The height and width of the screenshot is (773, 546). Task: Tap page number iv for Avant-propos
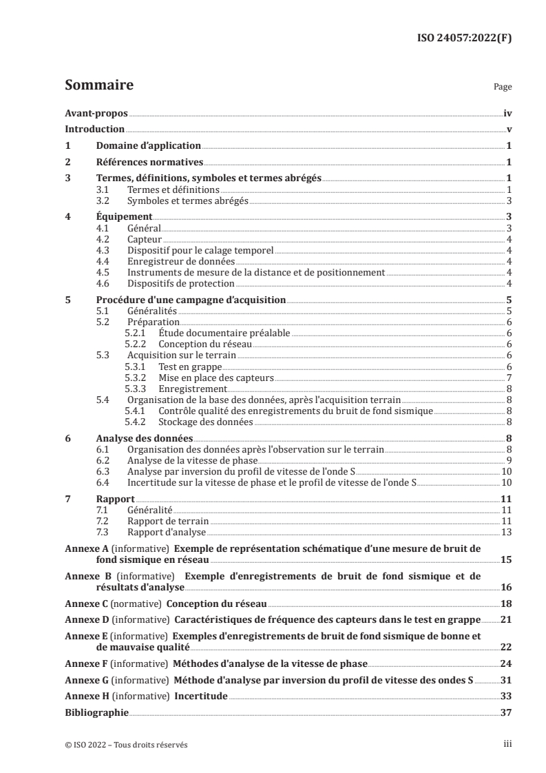(507, 113)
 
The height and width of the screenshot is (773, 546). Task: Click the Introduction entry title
(94, 129)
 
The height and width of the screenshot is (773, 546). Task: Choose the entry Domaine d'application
(148, 145)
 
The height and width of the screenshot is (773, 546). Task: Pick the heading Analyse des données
(145, 438)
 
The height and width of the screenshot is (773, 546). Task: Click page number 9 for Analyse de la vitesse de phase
(508, 460)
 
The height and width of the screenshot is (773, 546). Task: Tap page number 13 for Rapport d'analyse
(506, 532)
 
